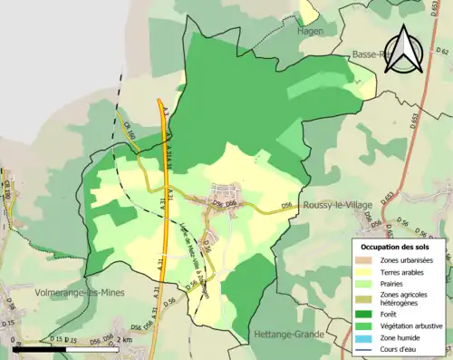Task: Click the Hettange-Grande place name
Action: pyautogui.click(x=294, y=334)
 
